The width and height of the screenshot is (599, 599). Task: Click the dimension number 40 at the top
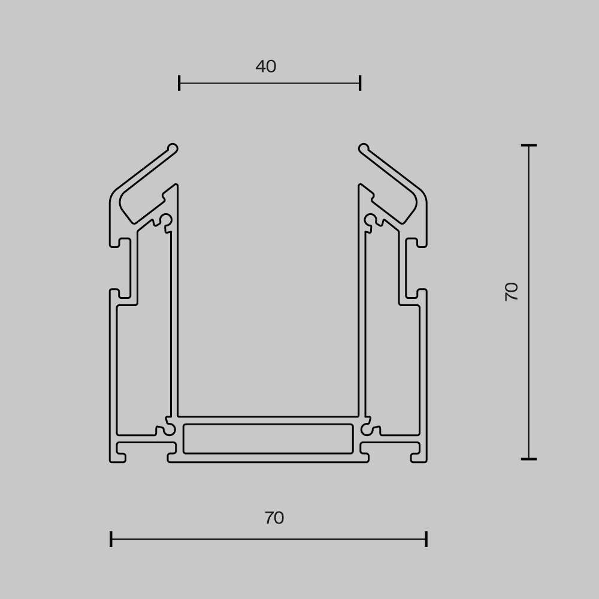tap(266, 66)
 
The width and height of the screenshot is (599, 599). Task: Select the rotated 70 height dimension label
tap(512, 291)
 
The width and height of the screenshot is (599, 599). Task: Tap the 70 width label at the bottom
tap(274, 518)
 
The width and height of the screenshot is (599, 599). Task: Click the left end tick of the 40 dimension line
tap(179, 83)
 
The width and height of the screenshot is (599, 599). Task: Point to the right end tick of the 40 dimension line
tap(360, 83)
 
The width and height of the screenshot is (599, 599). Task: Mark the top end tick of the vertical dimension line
tap(528, 145)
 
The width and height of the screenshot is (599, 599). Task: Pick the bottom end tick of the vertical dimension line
tap(528, 459)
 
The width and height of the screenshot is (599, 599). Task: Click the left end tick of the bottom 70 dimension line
tap(111, 539)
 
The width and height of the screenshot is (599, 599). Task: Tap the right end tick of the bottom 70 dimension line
tap(426, 539)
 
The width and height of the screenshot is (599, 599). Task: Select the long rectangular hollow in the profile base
tap(268, 438)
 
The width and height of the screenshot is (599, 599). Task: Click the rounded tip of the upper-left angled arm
tap(173, 149)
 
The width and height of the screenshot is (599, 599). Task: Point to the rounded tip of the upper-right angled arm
tap(364, 149)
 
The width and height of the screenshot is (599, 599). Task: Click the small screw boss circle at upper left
tap(166, 220)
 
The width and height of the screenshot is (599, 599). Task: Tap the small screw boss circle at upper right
tap(370, 220)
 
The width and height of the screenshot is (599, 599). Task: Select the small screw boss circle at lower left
tap(170, 429)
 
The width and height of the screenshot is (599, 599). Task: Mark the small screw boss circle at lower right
tap(367, 429)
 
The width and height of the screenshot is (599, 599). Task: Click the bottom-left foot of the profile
tap(117, 458)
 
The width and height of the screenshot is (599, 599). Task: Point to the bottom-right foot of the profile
tap(419, 458)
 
